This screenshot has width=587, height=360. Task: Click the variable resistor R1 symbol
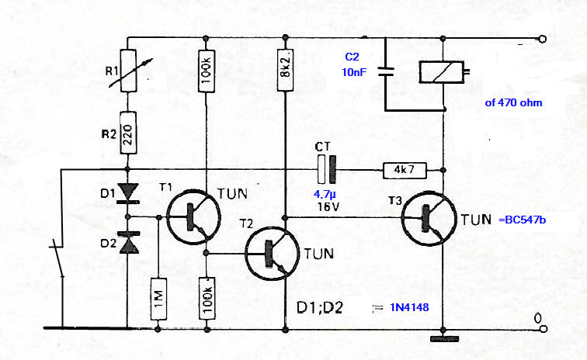click(127, 71)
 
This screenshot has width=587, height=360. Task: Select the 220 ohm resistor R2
click(128, 133)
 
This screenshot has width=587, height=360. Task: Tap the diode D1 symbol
click(128, 193)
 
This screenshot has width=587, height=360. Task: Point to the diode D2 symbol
click(128, 243)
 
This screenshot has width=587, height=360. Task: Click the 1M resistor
click(158, 299)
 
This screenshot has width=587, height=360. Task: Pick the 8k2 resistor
click(285, 70)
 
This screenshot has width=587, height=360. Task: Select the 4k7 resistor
click(405, 170)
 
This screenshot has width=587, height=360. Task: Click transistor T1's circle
click(193, 217)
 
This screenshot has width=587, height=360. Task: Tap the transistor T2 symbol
click(273, 253)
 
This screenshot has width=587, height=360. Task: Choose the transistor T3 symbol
click(429, 218)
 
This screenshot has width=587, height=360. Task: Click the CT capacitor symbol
click(326, 170)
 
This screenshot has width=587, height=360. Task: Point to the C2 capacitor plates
click(386, 72)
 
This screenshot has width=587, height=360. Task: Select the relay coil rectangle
click(442, 72)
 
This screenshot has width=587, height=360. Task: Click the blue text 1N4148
click(409, 307)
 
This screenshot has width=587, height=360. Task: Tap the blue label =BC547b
click(522, 220)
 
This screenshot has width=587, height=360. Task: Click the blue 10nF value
click(354, 72)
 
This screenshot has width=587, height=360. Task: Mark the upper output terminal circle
click(542, 39)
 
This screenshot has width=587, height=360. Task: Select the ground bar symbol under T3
click(444, 339)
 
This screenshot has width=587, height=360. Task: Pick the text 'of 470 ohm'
click(513, 103)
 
